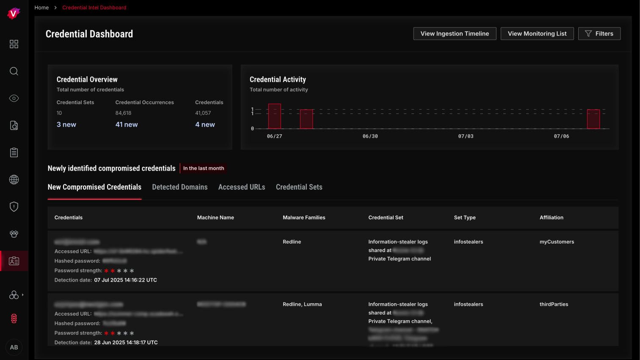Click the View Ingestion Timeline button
click(455, 34)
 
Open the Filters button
click(599, 34)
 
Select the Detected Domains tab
click(179, 187)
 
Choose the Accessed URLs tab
click(241, 187)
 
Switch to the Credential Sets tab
click(299, 187)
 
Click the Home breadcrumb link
click(41, 8)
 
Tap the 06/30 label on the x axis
click(370, 136)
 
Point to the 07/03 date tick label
click(466, 136)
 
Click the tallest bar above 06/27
click(274, 116)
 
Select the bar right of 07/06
click(593, 119)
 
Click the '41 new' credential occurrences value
click(127, 125)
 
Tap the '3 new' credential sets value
click(66, 125)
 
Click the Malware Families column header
click(304, 218)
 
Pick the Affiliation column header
click(551, 218)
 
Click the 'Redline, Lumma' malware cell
click(302, 305)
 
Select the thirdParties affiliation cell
click(554, 305)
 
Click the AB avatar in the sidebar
click(14, 347)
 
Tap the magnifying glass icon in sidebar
click(14, 71)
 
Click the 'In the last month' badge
click(203, 169)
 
